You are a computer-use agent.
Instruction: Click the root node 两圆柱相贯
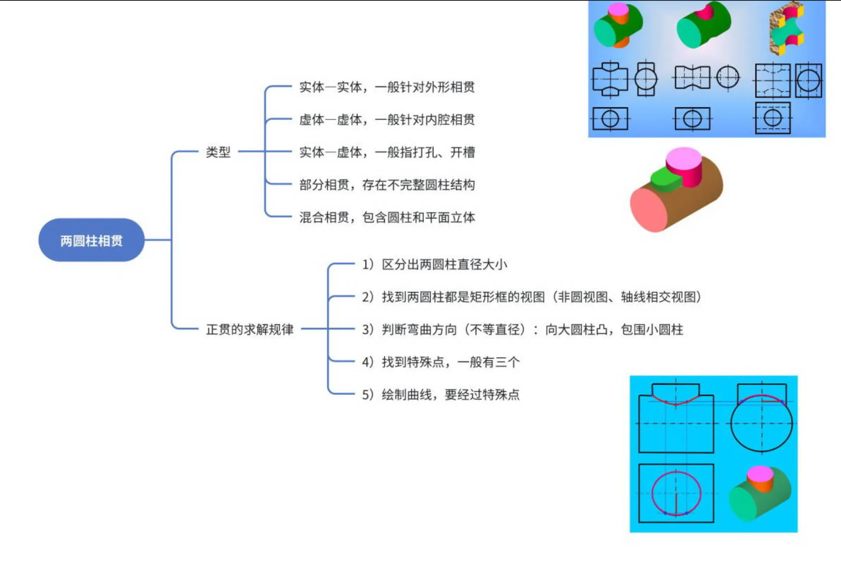(91, 240)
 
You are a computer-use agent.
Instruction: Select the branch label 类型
(218, 152)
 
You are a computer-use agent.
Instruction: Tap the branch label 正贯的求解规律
(250, 329)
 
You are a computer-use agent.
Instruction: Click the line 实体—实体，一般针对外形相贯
(387, 87)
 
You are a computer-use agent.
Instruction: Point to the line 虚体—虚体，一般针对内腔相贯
(387, 120)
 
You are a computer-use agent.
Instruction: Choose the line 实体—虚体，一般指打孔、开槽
(387, 152)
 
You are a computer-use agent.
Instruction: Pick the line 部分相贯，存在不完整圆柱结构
(387, 185)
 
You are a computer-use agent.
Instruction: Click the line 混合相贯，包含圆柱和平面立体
(387, 217)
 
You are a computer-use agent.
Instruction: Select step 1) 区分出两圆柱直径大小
(434, 264)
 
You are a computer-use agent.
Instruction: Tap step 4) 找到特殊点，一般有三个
(441, 362)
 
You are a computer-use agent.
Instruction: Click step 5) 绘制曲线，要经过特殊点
(441, 395)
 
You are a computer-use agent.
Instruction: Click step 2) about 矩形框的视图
(531, 297)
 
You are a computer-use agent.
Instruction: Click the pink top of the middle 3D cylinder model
(684, 157)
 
